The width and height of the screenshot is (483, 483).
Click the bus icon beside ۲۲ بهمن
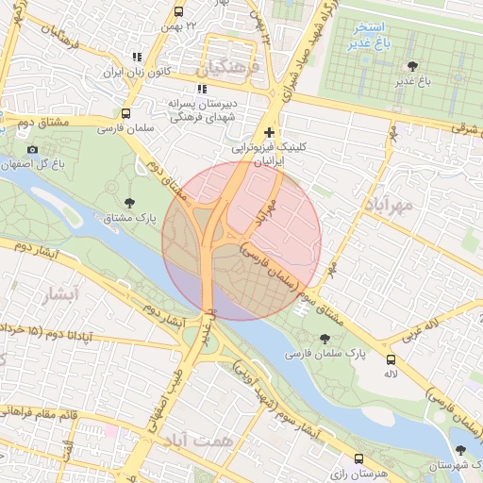point(178,12)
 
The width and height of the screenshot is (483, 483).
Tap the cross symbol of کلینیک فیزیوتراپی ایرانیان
point(271,133)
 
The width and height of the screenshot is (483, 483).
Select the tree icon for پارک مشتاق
point(129,202)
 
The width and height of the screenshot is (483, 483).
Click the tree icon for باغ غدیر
point(412,65)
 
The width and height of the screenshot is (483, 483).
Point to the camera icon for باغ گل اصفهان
point(33,149)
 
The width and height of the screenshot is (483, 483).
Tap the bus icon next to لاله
point(391,359)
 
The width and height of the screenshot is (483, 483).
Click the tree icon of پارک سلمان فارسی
point(325,338)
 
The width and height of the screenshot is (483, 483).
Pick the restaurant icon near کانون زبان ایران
point(138,57)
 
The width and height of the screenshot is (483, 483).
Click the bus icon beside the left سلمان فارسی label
point(126,113)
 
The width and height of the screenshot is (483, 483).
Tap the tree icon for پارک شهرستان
point(460,450)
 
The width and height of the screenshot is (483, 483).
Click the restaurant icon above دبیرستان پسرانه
point(200,89)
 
